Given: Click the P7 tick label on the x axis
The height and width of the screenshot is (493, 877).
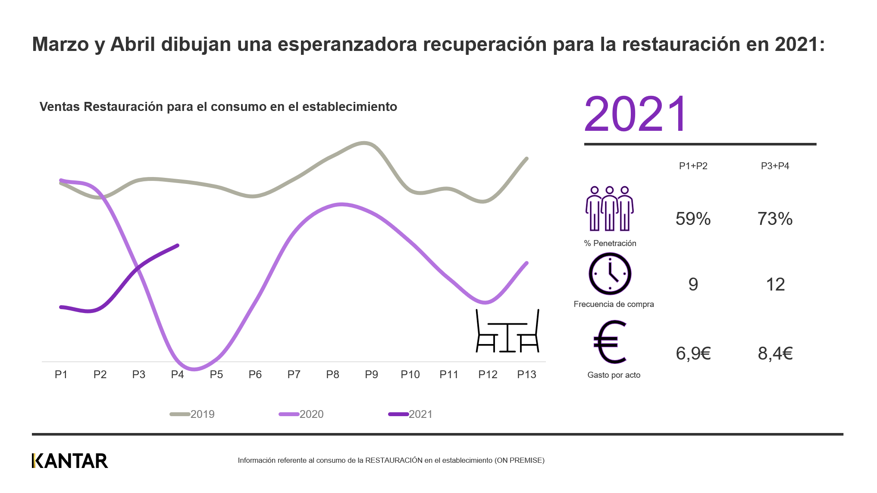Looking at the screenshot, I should click(x=294, y=374).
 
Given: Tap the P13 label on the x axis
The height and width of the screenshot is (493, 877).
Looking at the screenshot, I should click(x=526, y=374).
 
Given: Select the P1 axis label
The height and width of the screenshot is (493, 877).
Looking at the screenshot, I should click(x=61, y=374).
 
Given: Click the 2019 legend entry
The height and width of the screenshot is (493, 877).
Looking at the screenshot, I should click(x=192, y=414).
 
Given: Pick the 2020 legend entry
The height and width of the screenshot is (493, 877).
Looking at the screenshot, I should click(x=301, y=414).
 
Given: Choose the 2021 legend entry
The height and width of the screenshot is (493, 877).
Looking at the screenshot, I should click(x=410, y=414).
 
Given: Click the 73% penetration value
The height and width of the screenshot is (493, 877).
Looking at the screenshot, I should click(x=775, y=219).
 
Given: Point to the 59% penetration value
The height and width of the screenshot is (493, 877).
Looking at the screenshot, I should click(x=693, y=219).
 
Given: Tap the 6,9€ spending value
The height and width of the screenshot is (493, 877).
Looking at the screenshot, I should click(x=693, y=354).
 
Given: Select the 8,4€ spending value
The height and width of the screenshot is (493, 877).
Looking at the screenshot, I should click(x=775, y=354).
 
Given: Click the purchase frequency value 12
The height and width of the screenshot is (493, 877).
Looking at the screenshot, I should click(x=775, y=284).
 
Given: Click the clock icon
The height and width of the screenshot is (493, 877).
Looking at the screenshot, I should click(x=610, y=274).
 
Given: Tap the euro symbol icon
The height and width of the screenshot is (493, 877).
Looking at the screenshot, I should click(x=610, y=342).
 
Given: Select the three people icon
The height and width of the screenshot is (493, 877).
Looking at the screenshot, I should click(x=609, y=209).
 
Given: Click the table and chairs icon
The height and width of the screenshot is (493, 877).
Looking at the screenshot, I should click(x=507, y=331).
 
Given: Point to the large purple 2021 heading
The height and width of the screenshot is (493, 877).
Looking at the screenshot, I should click(x=635, y=114).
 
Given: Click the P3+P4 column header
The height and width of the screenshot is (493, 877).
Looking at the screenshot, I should click(x=775, y=166).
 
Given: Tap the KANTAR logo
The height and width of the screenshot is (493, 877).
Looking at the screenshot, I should click(x=70, y=461).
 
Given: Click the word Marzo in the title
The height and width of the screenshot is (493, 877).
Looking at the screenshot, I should click(x=60, y=44).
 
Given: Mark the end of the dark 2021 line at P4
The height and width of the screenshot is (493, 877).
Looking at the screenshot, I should click(x=178, y=245).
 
